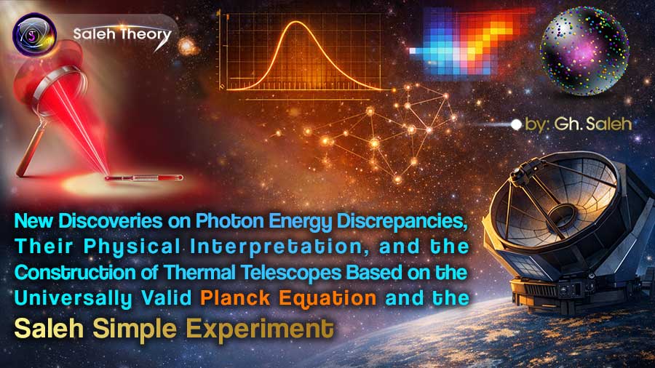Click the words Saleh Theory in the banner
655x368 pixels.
(x=122, y=34)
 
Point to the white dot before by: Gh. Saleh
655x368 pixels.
(x=516, y=124)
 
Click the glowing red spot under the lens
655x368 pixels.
(x=96, y=176)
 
